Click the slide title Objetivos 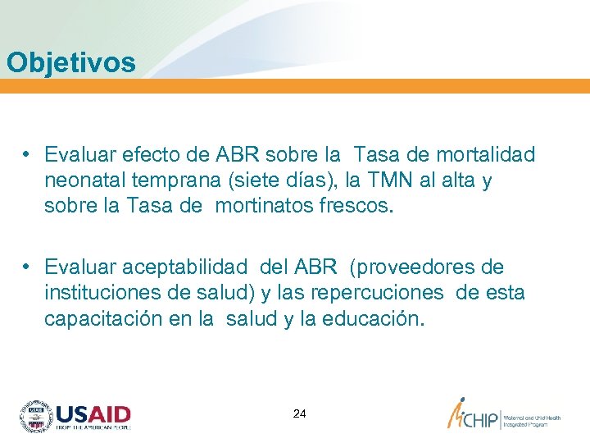click(70, 62)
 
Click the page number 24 click(299, 414)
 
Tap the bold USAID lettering click(93, 413)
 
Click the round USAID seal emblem click(35, 417)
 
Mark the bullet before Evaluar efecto click(28, 154)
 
